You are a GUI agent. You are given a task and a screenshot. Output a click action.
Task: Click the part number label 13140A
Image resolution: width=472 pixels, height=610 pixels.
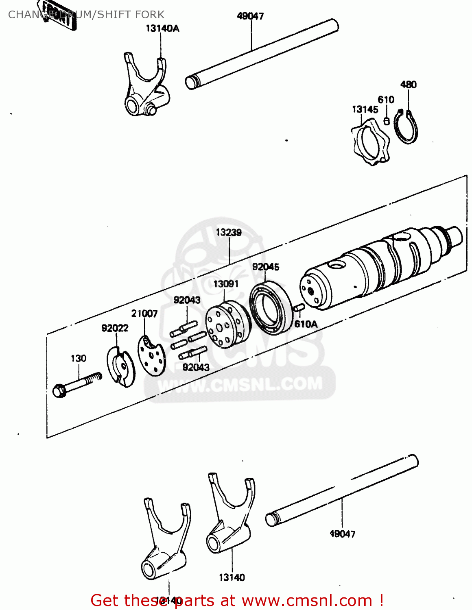pyautogui.click(x=162, y=28)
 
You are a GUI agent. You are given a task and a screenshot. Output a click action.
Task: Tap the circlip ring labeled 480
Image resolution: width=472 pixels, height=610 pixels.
pyautogui.click(x=407, y=127)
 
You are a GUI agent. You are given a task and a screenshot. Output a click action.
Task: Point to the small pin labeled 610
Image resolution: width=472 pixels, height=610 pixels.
pyautogui.click(x=387, y=121)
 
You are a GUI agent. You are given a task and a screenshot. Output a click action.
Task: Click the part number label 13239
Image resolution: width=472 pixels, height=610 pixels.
pyautogui.click(x=229, y=232)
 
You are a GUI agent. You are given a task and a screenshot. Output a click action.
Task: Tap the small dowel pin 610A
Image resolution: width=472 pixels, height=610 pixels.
pyautogui.click(x=299, y=308)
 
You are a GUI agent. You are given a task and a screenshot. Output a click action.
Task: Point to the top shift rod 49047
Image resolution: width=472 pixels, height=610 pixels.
pyautogui.click(x=262, y=54)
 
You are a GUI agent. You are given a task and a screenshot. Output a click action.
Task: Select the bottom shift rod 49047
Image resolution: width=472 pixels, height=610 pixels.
pyautogui.click(x=342, y=490)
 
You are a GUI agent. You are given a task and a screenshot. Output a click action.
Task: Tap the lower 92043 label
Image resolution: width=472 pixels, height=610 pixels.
pyautogui.click(x=196, y=367)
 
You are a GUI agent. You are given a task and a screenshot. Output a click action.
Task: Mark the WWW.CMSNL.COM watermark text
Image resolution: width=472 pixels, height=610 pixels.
pyautogui.click(x=240, y=384)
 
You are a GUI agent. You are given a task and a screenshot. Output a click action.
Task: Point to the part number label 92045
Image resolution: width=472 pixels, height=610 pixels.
pyautogui.click(x=266, y=267)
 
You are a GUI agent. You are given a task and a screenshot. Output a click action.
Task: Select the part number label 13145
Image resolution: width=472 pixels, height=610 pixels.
pyautogui.click(x=365, y=109)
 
